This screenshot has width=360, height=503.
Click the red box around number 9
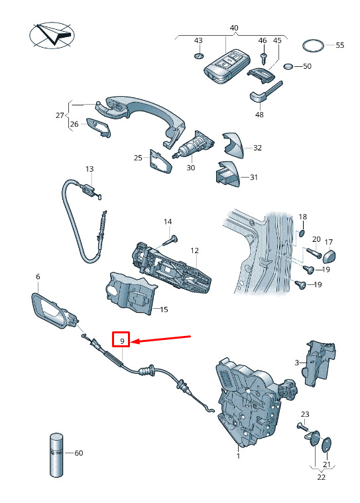121,339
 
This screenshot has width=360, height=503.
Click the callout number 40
234,28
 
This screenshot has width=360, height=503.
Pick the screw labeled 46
264,58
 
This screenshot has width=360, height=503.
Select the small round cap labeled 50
288,66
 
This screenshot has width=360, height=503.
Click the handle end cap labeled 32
233,144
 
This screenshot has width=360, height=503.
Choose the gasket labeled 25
160,161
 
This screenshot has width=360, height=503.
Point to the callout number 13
90,169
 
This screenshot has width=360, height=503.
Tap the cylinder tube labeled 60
56,455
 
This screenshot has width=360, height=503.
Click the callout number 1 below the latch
238,456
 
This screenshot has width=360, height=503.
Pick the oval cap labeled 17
329,256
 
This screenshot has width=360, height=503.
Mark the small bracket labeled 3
318,363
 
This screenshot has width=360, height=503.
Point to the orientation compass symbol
52,35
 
